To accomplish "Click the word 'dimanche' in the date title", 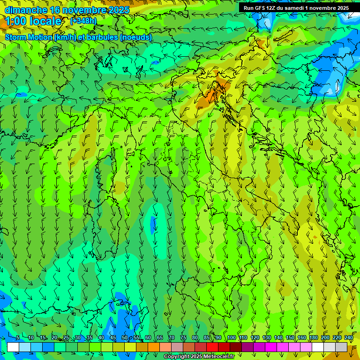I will pyautogui.click(x=26, y=10).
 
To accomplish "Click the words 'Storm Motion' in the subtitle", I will pyautogui.click(x=29, y=37).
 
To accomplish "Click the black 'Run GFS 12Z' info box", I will pyautogui.click(x=296, y=8).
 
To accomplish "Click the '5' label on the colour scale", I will pyautogui.click(x=18, y=338).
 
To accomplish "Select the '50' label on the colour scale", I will pyautogui.click(x=124, y=338).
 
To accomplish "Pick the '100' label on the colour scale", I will pyautogui.click(x=231, y=338).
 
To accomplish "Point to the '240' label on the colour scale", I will pyautogui.click(x=349, y=338).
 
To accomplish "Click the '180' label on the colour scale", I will pyautogui.click(x=313, y=338).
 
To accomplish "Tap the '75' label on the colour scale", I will pyautogui.click(x=183, y=338).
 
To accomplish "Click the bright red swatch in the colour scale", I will pyautogui.click(x=212, y=347).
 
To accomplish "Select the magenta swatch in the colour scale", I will pyautogui.click(x=271, y=347).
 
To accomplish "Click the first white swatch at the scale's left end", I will pyautogui.click(x=13, y=347).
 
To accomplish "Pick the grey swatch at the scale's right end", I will pyautogui.click(x=341, y=347).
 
